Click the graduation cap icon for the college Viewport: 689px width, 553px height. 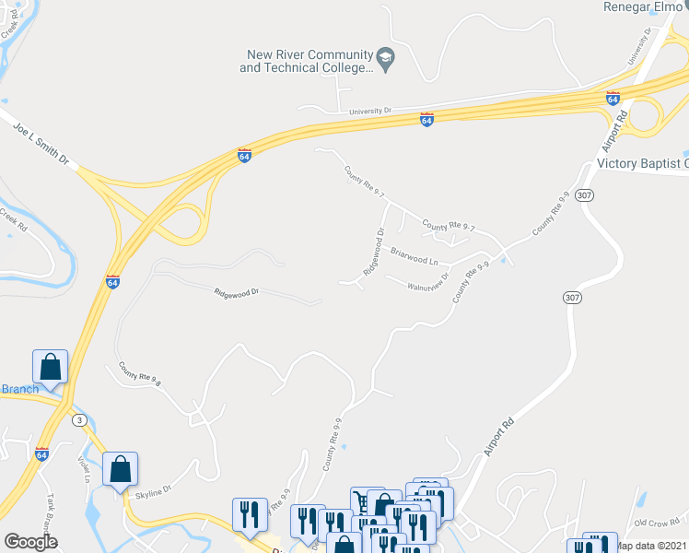click(x=387, y=61)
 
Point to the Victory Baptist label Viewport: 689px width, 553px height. click(x=642, y=164)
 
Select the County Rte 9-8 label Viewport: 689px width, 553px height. click(x=139, y=372)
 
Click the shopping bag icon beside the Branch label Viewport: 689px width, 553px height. click(x=50, y=366)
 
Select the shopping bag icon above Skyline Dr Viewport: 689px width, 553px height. click(x=120, y=469)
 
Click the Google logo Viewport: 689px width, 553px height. click(x=31, y=542)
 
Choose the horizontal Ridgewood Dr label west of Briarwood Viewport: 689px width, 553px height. click(x=237, y=292)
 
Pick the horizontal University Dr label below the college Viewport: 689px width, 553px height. click(x=370, y=111)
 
